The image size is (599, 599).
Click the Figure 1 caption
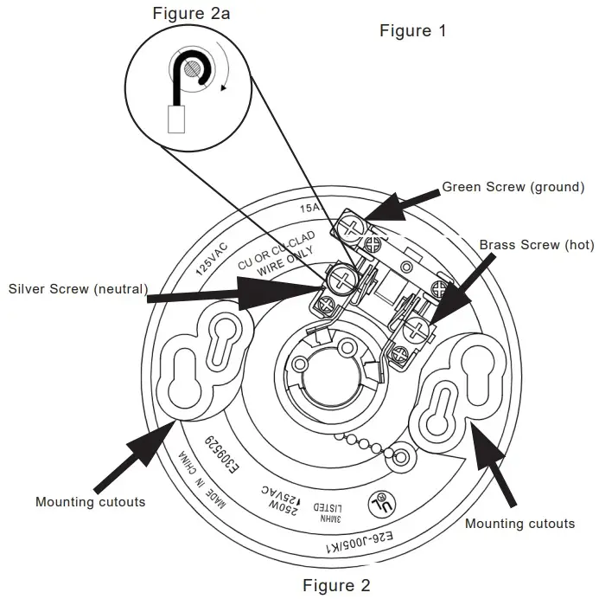click(x=413, y=31)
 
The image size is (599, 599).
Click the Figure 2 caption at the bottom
click(x=336, y=585)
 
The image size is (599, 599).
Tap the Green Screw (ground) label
click(x=513, y=186)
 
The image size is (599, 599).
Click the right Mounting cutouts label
click(x=519, y=523)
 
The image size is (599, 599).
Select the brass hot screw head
click(x=417, y=327)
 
